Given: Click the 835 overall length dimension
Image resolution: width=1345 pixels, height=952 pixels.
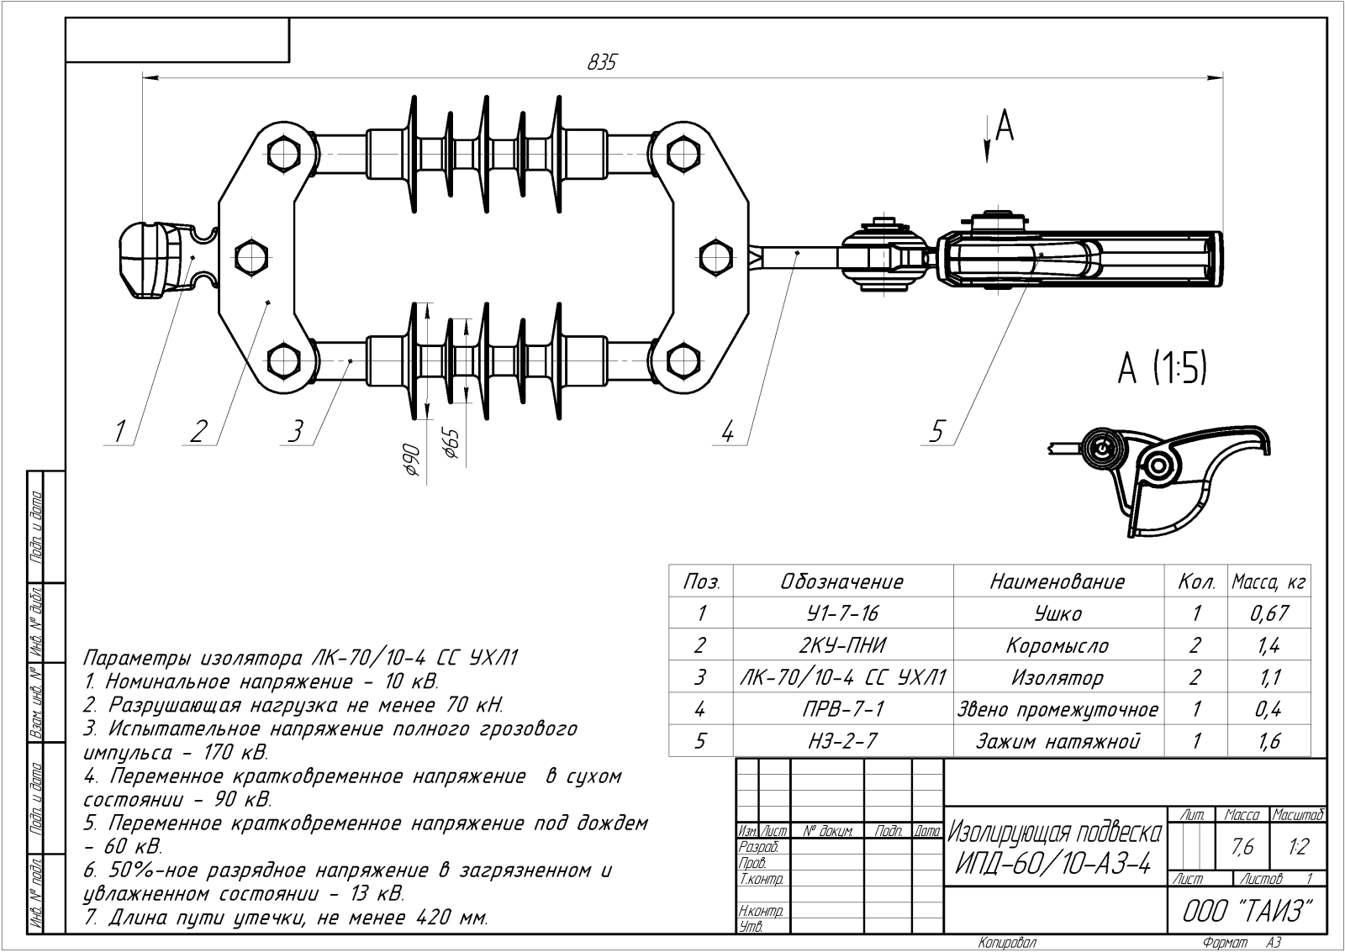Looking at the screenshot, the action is (602, 62).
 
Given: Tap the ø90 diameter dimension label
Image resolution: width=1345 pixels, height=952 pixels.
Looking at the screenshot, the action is (411, 460).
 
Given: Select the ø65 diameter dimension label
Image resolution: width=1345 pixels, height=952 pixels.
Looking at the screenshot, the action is (451, 444).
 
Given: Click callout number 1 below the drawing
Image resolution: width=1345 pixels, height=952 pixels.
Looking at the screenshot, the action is (120, 431).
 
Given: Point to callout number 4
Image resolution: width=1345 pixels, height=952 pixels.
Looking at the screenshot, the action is (727, 431).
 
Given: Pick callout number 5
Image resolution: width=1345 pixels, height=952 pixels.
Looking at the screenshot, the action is (936, 431).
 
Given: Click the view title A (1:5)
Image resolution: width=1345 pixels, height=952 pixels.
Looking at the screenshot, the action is (1162, 368).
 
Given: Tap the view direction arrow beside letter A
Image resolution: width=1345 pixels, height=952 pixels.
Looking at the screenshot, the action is (987, 139).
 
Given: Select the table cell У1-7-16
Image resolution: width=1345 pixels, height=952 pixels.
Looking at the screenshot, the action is (842, 613).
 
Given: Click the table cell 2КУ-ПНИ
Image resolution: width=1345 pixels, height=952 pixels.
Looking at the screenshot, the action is (842, 645).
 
